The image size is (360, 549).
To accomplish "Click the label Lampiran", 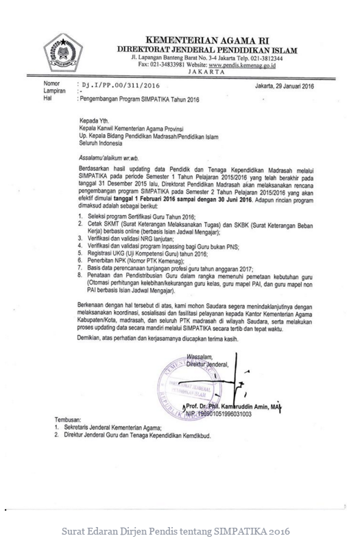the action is click(54, 90).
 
